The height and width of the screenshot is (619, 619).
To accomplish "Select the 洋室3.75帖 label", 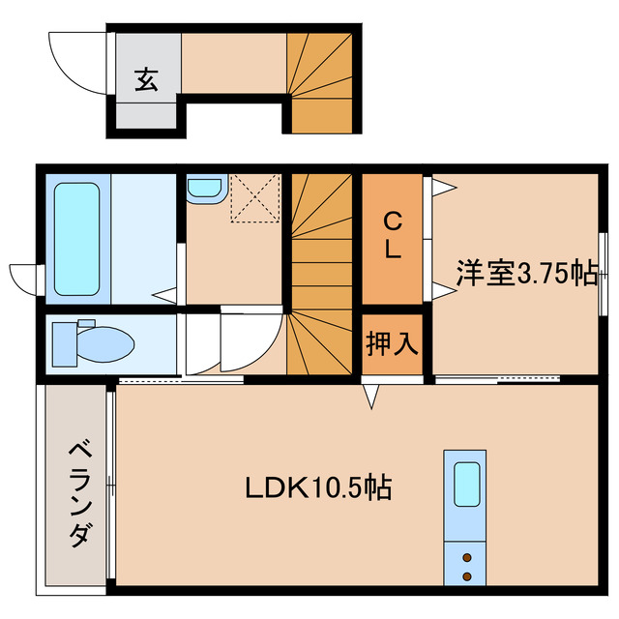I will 526,274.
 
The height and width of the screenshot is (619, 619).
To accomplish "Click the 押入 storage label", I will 392,344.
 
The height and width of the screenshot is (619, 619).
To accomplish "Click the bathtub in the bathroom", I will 76,238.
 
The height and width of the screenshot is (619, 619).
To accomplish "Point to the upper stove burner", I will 467,558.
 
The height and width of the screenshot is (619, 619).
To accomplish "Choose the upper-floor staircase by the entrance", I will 321,82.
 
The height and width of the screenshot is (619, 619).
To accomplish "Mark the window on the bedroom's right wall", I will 604,274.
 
